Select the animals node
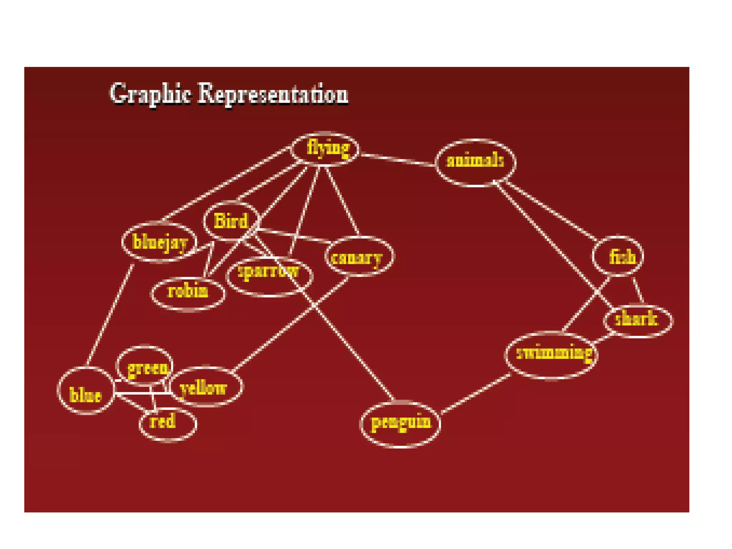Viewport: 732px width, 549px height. click(475, 162)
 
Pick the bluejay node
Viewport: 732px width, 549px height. click(159, 242)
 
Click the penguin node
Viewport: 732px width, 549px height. click(400, 424)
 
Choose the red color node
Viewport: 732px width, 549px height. click(167, 424)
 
